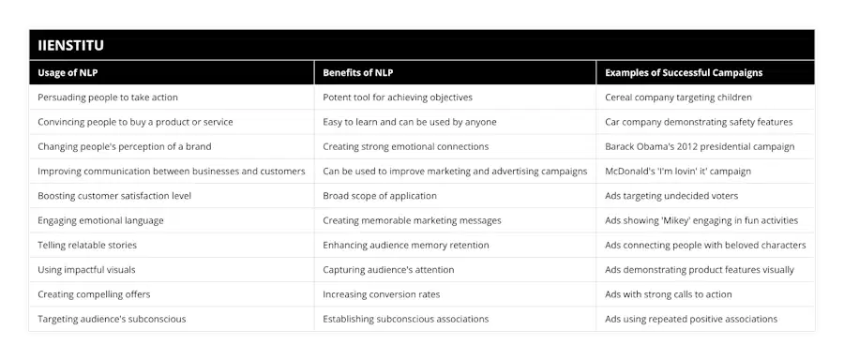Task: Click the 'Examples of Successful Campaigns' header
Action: pyautogui.click(x=684, y=72)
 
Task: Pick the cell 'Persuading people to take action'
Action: pyautogui.click(x=108, y=97)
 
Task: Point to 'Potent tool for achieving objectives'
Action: pyautogui.click(x=398, y=97)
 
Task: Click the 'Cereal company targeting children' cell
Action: pyautogui.click(x=679, y=97)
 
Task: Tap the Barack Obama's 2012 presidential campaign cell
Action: pyautogui.click(x=700, y=146)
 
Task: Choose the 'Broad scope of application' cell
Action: pyautogui.click(x=380, y=196)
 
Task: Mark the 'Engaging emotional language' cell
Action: pyautogui.click(x=100, y=220)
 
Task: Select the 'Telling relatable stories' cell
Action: pyautogui.click(x=87, y=245)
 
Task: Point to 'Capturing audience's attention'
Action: pyautogui.click(x=388, y=270)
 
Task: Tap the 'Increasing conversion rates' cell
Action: pyautogui.click(x=381, y=294)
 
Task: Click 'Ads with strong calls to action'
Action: pyautogui.click(x=668, y=294)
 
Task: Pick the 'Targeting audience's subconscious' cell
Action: pyautogui.click(x=112, y=319)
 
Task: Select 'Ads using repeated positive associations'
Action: pyautogui.click(x=691, y=319)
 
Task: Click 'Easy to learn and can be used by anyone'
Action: pyautogui.click(x=410, y=122)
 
